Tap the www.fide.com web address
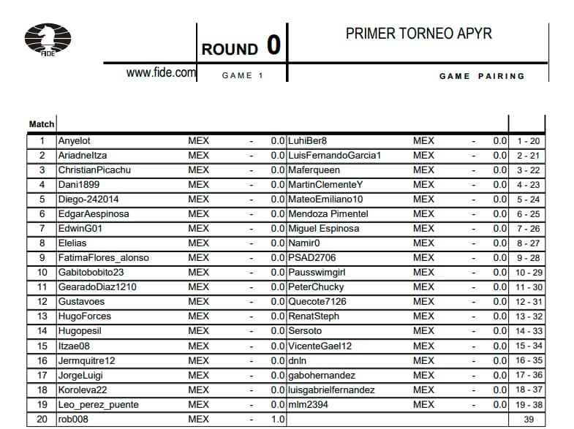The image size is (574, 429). [x=161, y=72]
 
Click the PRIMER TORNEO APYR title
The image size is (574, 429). [x=418, y=34]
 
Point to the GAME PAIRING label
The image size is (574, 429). [x=482, y=76]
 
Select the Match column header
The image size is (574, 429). [x=42, y=124]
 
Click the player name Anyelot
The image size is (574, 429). [x=75, y=140]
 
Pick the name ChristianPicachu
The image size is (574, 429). [x=94, y=170]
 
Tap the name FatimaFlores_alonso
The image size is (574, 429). [x=104, y=257]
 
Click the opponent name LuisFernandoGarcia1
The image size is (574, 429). [x=335, y=155]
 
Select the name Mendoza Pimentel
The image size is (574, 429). [x=328, y=213]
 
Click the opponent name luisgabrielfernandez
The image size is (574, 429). [x=331, y=390]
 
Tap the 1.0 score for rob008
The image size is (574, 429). [x=277, y=419]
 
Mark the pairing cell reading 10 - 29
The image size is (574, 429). [x=528, y=272]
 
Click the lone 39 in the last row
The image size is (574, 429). [x=528, y=419]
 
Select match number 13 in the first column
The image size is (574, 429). [x=42, y=316]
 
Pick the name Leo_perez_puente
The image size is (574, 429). [x=98, y=404]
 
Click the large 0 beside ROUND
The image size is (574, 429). [x=273, y=45]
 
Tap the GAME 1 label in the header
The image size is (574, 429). [x=243, y=76]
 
